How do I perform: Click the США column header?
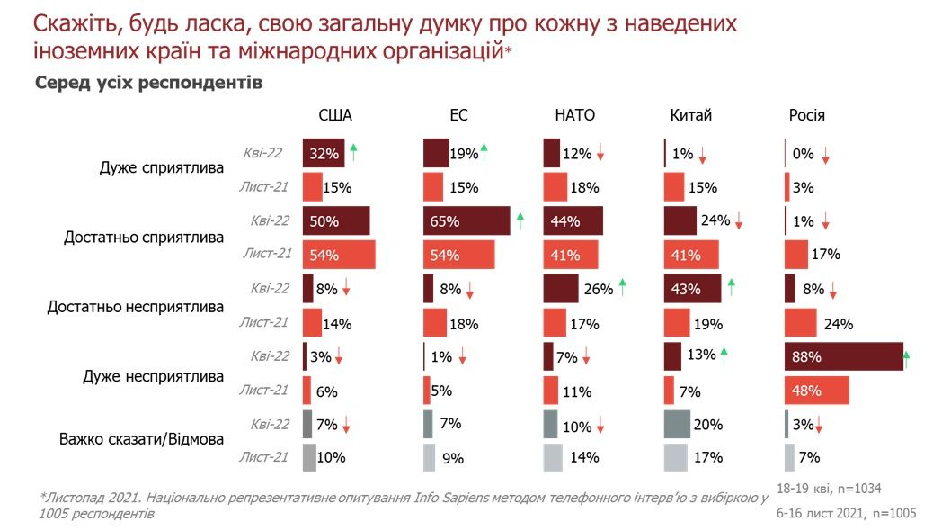click(x=335, y=115)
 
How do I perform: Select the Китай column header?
click(x=690, y=115)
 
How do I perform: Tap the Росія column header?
click(x=806, y=115)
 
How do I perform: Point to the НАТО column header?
click(x=574, y=115)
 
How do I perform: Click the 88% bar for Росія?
click(x=843, y=356)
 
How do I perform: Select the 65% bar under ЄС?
click(x=466, y=220)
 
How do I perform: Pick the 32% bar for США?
click(x=324, y=154)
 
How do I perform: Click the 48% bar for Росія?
click(x=816, y=391)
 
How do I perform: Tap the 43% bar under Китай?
click(x=692, y=289)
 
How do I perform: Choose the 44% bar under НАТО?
click(x=573, y=220)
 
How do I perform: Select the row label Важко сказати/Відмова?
click(x=142, y=440)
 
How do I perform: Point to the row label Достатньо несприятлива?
click(x=136, y=307)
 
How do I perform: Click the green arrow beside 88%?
click(x=906, y=358)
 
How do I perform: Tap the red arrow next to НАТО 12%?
click(x=600, y=155)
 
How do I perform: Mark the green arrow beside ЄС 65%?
click(x=520, y=221)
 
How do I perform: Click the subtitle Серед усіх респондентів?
click(x=148, y=84)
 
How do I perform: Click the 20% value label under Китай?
click(x=708, y=424)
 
